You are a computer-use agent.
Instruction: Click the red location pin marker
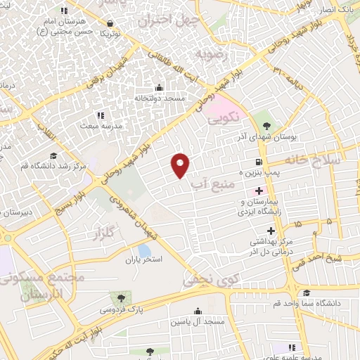[181, 164]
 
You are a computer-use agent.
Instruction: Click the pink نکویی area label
[224, 115]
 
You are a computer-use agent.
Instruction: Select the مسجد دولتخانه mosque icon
[158, 88]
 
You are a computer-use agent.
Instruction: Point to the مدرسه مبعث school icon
[101, 115]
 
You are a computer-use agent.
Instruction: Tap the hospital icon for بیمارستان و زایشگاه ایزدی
[259, 191]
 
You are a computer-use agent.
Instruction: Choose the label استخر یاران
[143, 259]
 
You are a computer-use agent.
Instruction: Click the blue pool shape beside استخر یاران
[144, 250]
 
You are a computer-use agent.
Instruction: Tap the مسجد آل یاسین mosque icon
[198, 311]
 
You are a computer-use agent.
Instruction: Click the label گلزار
[103, 234]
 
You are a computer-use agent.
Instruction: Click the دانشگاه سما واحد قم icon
[306, 293]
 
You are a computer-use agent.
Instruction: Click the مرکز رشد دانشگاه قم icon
[54, 156]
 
